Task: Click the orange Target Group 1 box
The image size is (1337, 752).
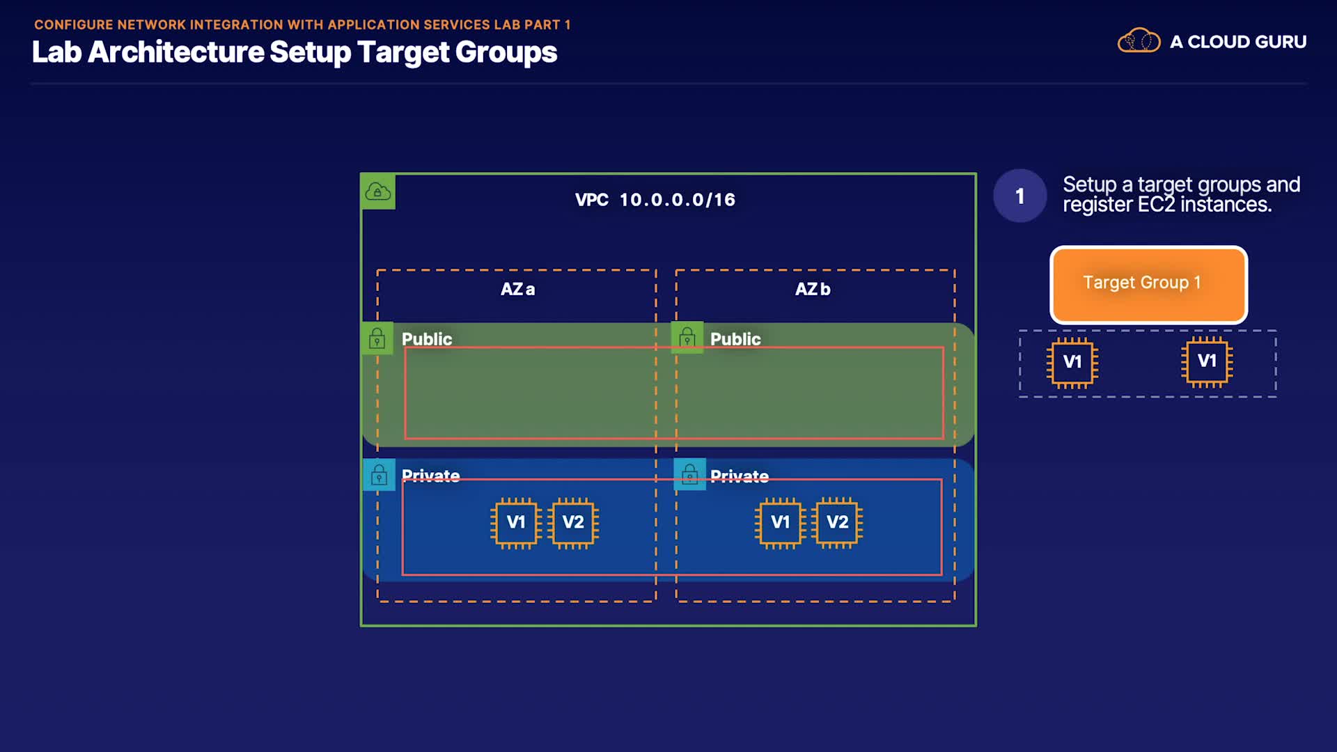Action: click(x=1148, y=284)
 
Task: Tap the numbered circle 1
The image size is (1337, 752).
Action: click(x=1019, y=196)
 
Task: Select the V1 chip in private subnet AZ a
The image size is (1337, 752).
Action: click(x=515, y=523)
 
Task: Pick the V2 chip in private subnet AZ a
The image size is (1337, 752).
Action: click(x=573, y=523)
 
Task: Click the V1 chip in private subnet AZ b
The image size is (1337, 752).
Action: click(x=780, y=523)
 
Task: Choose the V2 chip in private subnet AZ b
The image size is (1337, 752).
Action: click(x=837, y=523)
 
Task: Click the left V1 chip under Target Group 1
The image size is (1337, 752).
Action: click(x=1072, y=362)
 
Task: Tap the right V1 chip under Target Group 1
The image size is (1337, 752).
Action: click(x=1207, y=361)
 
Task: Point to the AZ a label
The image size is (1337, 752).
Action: click(x=517, y=289)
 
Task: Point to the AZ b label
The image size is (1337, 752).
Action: click(x=813, y=289)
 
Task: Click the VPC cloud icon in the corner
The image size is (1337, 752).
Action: click(x=378, y=191)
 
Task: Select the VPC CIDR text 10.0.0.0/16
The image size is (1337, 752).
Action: click(x=677, y=200)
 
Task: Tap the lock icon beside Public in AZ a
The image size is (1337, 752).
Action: click(x=377, y=338)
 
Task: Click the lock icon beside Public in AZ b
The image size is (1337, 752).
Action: click(x=687, y=338)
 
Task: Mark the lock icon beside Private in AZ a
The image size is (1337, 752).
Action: click(x=379, y=475)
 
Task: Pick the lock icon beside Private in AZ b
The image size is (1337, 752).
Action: click(x=690, y=475)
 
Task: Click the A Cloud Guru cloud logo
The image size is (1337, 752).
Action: click(x=1139, y=41)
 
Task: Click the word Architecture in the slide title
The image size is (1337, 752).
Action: click(x=176, y=52)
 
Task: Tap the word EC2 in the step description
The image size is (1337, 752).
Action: click(x=1156, y=205)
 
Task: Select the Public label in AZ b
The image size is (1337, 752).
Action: click(x=735, y=339)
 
